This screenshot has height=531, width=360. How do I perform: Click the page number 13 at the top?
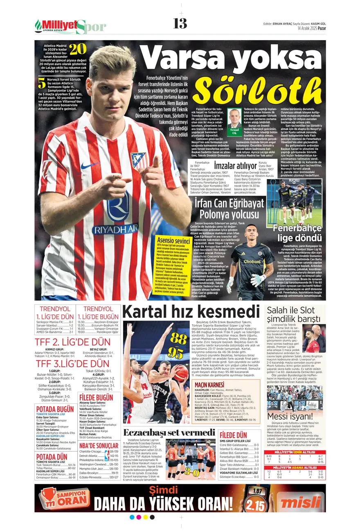[180, 24]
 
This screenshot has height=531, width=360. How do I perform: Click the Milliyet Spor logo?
[70, 27]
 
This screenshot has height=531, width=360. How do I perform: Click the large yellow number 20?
[78, 49]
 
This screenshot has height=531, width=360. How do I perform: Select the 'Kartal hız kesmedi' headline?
[191, 312]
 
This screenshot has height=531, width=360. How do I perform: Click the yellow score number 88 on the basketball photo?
[179, 338]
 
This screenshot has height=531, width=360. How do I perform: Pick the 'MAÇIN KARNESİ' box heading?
[209, 385]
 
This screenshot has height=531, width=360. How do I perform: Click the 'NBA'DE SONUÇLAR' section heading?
[99, 445]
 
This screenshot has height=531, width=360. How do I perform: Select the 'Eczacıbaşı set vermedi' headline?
[163, 432]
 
